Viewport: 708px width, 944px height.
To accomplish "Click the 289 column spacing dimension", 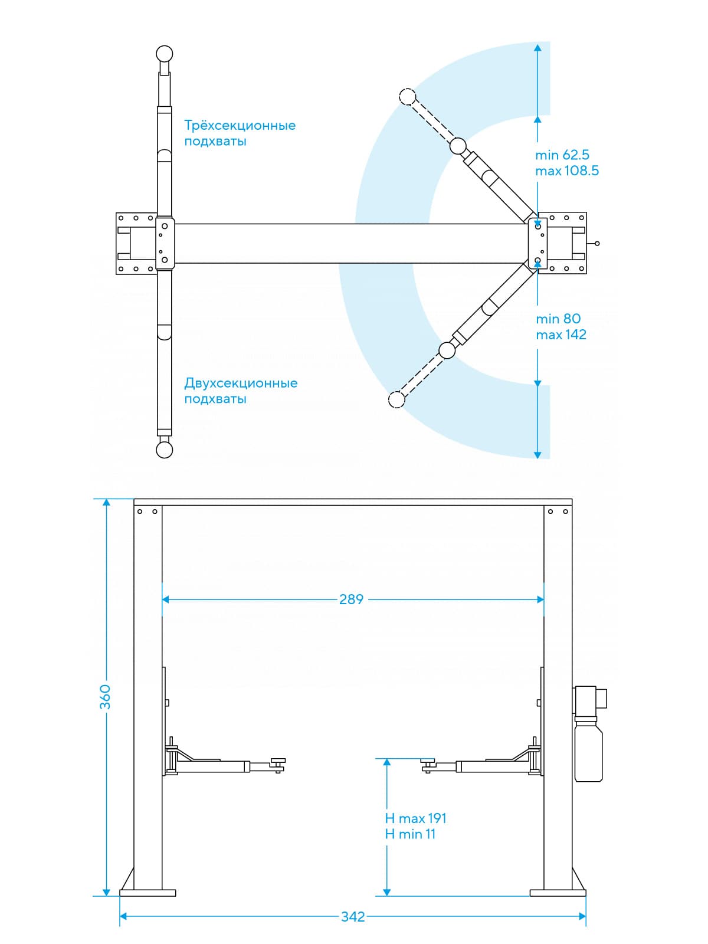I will (x=351, y=599).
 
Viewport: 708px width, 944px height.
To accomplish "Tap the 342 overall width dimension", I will (x=353, y=917).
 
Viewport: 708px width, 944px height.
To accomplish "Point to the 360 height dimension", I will (x=105, y=697).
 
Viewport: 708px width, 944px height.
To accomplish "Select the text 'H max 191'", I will (x=415, y=818).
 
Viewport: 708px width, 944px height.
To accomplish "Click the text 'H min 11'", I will (x=410, y=834).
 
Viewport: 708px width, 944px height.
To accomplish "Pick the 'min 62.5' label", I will (x=562, y=155).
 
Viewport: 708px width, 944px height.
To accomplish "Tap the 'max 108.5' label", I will (x=567, y=171).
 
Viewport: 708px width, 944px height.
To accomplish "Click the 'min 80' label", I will (x=558, y=319).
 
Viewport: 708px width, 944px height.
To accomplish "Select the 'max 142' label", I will (x=561, y=335).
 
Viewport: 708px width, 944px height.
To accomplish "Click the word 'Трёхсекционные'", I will (x=240, y=126).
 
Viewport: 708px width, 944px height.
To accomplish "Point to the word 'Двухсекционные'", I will (x=241, y=383).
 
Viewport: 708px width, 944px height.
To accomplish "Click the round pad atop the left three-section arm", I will (x=165, y=54).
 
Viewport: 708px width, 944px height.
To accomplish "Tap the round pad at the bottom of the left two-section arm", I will (x=165, y=450).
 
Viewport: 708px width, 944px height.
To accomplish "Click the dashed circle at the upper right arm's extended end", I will (x=407, y=96).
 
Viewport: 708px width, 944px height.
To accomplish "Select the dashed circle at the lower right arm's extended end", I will (x=396, y=399).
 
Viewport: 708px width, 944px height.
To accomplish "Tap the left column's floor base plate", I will (x=147, y=893).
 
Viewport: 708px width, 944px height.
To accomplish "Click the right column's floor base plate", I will (x=558, y=893).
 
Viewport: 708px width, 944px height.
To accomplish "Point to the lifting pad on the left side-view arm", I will (x=277, y=762).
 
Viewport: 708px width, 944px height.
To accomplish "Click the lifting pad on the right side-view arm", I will (x=428, y=762).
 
